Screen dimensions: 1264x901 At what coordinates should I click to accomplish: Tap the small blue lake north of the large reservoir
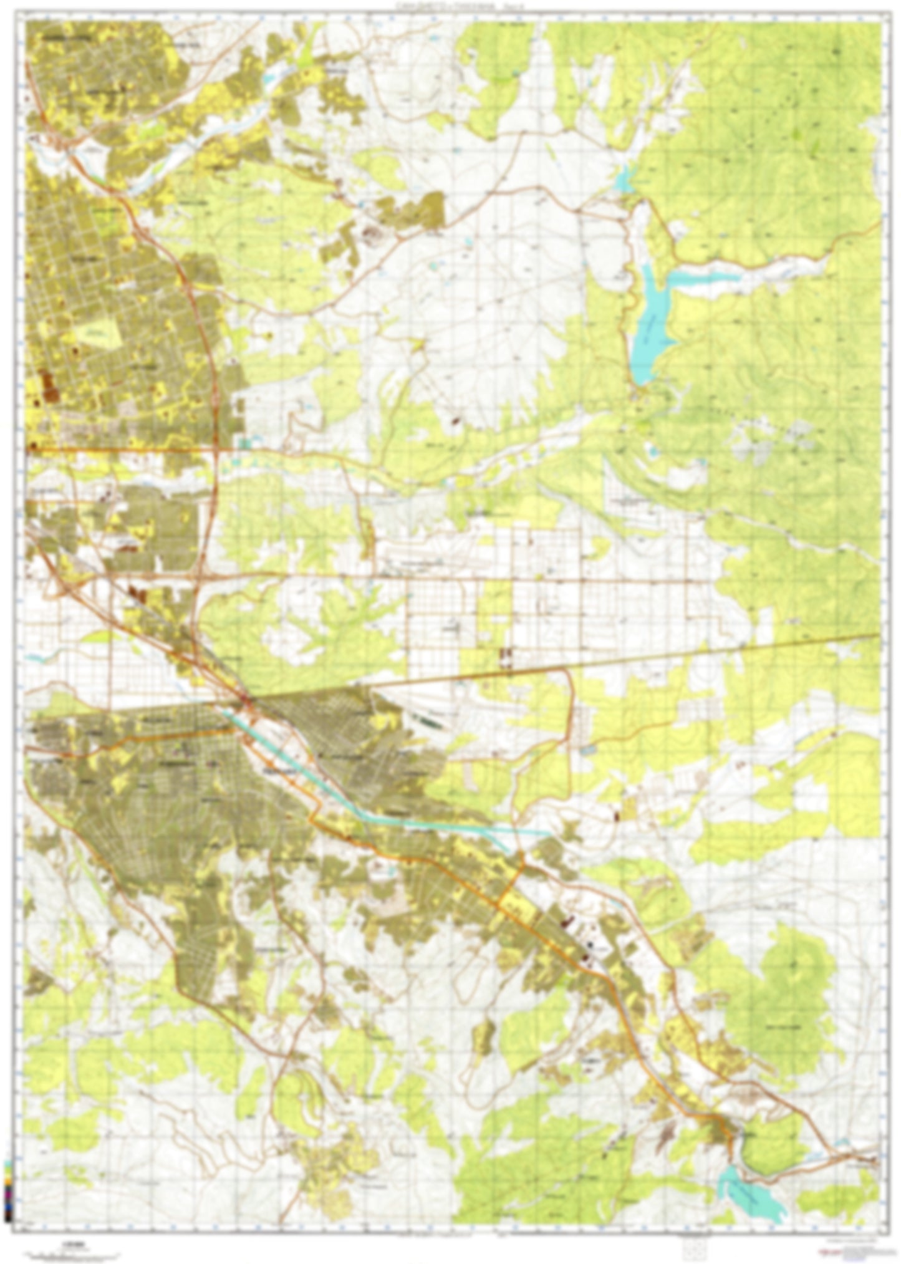(x=624, y=180)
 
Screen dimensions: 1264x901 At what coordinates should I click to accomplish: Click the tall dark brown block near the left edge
(x=47, y=387)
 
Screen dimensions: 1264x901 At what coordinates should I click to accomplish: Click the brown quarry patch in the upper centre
(x=370, y=234)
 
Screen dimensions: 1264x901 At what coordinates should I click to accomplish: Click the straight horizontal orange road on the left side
(x=125, y=448)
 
